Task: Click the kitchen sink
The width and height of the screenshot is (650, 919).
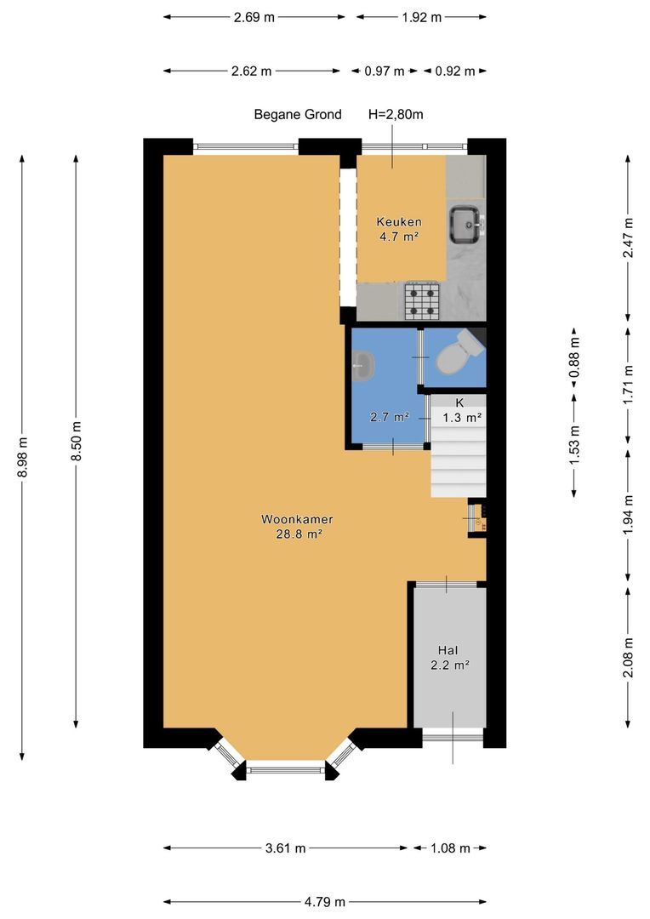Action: (466, 225)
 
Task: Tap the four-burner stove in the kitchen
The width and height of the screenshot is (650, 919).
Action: (422, 300)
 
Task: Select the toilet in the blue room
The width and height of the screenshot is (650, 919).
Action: (460, 352)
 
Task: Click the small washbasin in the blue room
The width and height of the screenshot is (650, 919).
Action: (364, 366)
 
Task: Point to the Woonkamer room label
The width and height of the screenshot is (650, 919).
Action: (297, 519)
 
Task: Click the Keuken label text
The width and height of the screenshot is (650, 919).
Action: (399, 222)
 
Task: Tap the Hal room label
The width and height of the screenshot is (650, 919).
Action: (448, 650)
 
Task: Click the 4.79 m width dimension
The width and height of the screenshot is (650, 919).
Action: (325, 901)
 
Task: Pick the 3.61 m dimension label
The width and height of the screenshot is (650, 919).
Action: (285, 848)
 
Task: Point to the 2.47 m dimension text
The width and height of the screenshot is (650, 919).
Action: (629, 238)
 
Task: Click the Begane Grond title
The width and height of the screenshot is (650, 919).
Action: (298, 114)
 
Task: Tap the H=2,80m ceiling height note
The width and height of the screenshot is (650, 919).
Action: (396, 114)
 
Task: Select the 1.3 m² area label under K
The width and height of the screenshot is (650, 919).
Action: (463, 418)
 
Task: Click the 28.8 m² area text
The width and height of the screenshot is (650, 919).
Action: (299, 534)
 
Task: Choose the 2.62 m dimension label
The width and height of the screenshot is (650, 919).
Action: (252, 71)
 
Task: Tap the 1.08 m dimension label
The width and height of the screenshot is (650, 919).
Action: (449, 848)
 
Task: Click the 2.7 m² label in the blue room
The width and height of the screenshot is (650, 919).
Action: (390, 417)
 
